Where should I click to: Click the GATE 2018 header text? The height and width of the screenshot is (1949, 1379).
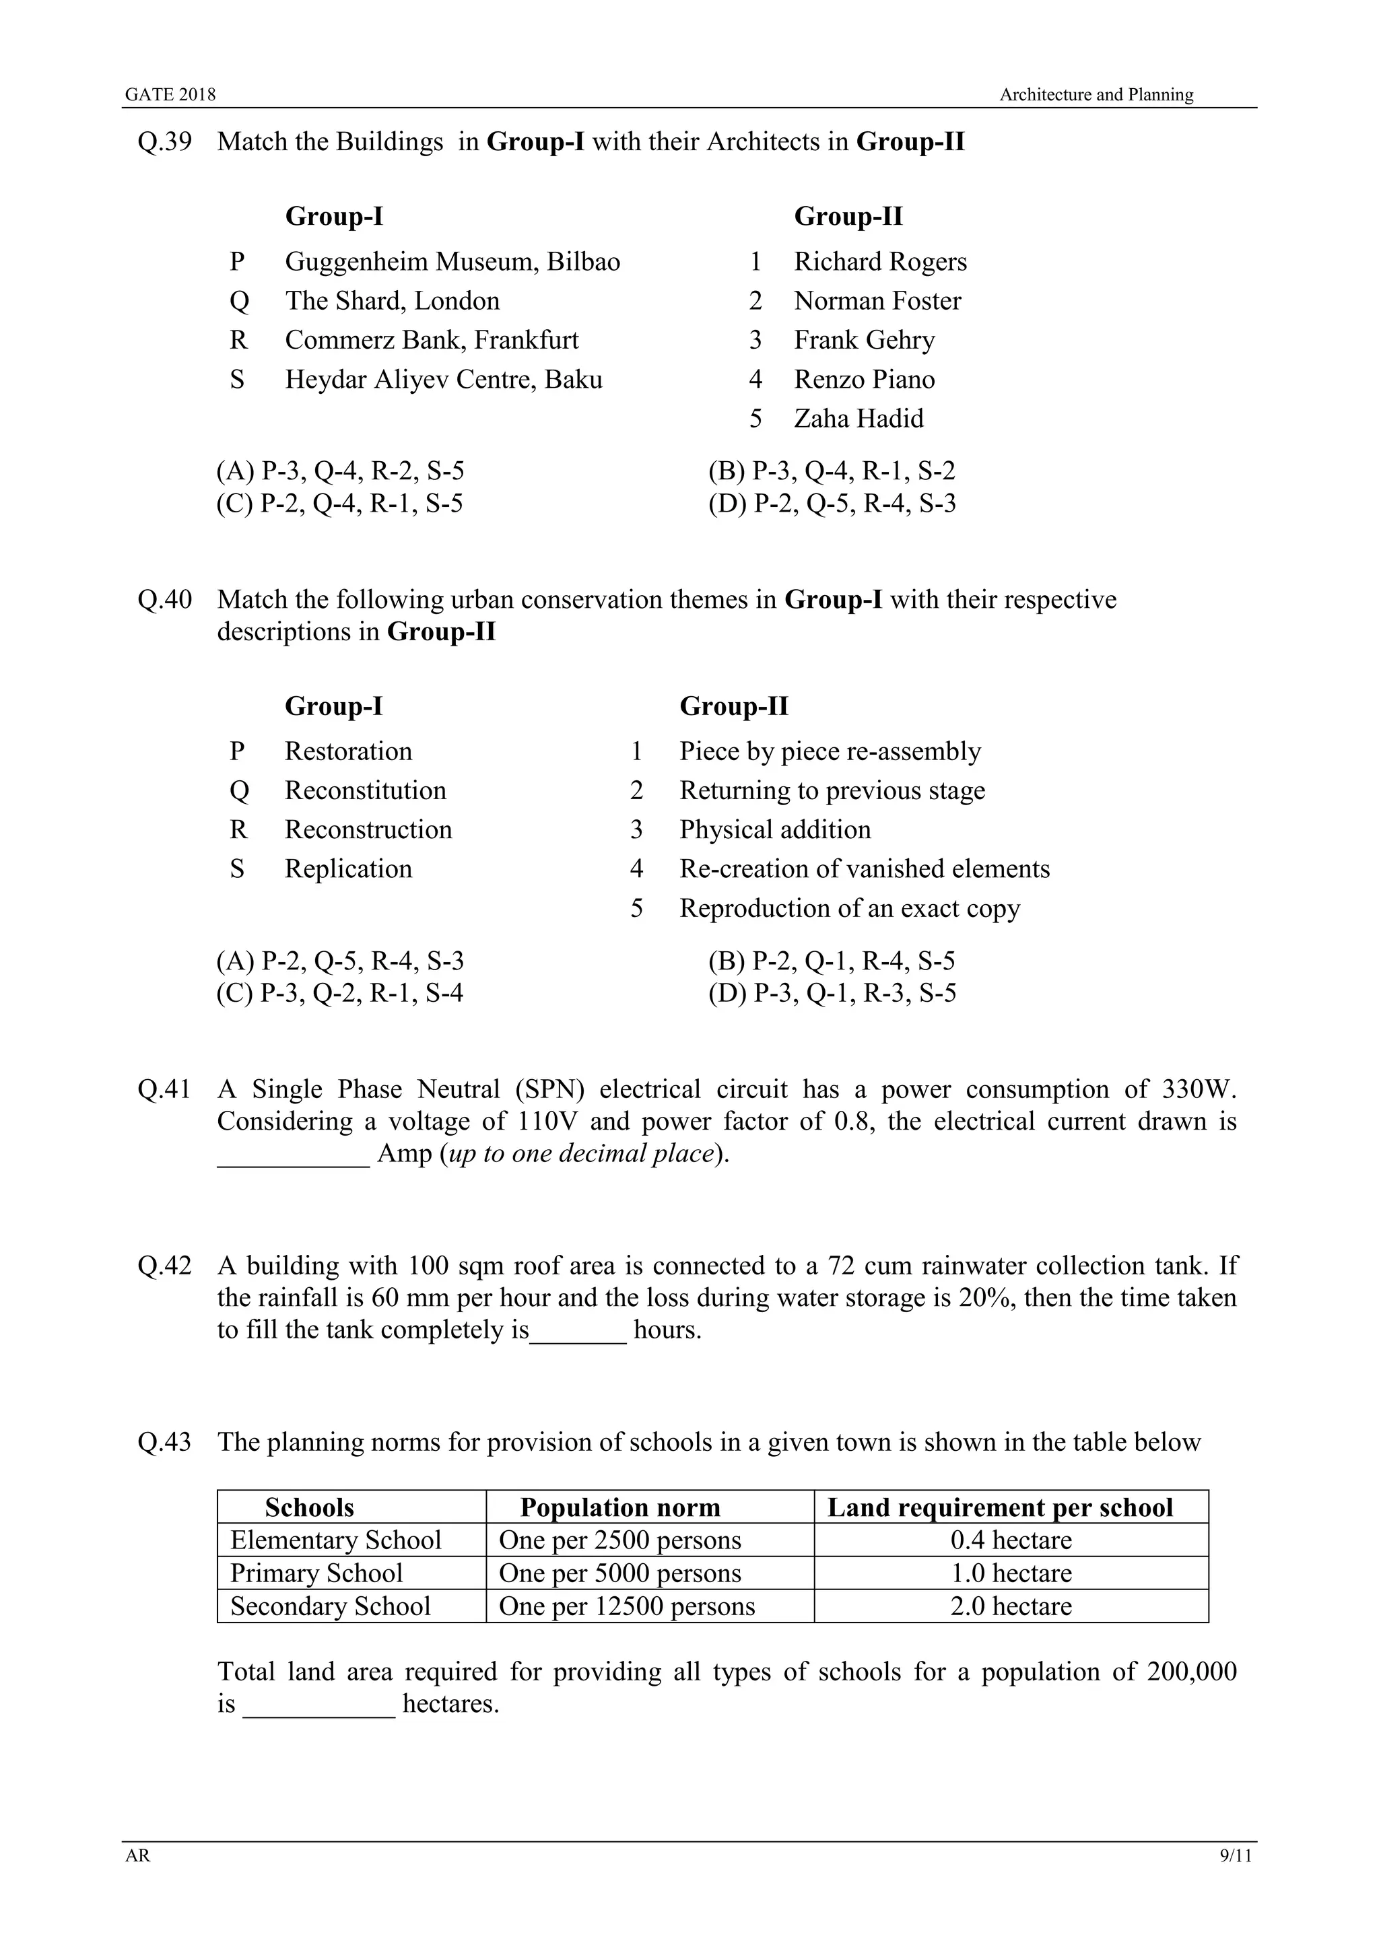click(x=170, y=95)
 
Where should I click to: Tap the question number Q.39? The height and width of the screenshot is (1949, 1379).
click(x=165, y=142)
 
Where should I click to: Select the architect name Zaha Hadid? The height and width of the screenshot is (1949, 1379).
click(x=858, y=419)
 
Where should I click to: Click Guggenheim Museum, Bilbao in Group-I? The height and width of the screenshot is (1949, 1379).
click(x=452, y=261)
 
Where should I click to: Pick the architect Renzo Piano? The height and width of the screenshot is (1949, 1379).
click(x=864, y=380)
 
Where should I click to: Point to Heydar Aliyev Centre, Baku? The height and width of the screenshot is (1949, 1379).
click(x=443, y=380)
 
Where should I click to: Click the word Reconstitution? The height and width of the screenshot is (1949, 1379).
click(x=365, y=790)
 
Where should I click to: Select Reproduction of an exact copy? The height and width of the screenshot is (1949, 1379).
click(x=849, y=908)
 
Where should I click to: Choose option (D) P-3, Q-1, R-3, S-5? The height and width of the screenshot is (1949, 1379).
click(x=832, y=993)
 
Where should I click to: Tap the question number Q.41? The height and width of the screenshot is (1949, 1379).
click(x=165, y=1089)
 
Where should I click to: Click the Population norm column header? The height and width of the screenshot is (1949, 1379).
click(x=620, y=1507)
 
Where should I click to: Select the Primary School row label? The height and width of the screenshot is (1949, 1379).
click(x=316, y=1573)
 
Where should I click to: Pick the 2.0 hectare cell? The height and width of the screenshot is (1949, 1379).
click(x=1011, y=1606)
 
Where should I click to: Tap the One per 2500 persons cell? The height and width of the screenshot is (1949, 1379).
click(x=620, y=1540)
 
